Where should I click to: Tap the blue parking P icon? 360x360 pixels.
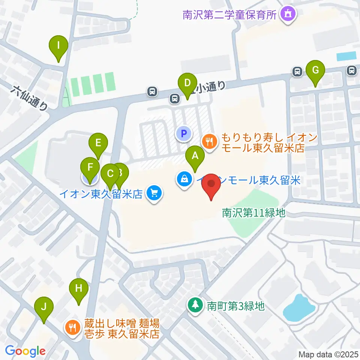184,133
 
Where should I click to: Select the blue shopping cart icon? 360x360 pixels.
154,193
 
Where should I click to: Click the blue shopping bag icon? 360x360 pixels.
184,180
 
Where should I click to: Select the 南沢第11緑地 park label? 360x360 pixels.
254,213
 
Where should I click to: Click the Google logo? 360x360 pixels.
25,351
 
